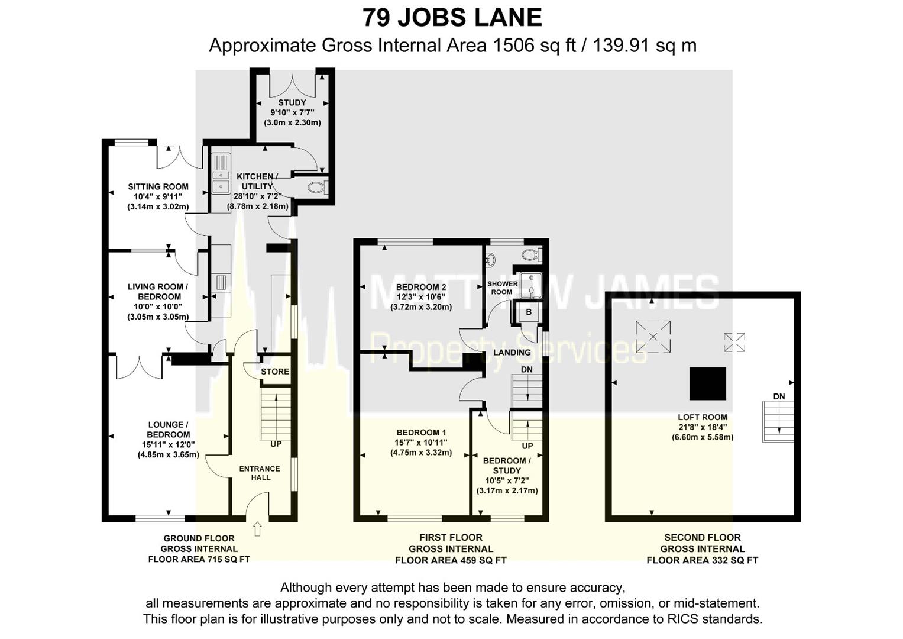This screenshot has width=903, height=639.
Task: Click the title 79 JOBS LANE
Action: (x=452, y=18)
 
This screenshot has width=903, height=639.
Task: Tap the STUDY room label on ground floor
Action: (x=292, y=102)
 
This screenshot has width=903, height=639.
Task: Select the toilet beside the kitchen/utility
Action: (x=316, y=188)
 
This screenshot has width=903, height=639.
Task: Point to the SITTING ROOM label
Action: (x=158, y=187)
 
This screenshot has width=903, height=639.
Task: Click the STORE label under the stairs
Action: (x=275, y=372)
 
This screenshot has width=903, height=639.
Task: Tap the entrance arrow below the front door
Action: (x=257, y=528)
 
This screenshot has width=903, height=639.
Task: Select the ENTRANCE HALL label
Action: (x=260, y=473)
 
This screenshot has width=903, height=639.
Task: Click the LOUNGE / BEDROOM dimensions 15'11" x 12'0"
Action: (x=168, y=444)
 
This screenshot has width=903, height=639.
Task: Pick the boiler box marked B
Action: (x=529, y=312)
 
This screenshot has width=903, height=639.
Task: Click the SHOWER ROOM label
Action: (x=502, y=288)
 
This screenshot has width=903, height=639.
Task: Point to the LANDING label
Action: (x=512, y=352)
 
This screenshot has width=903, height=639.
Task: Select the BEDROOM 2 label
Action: (x=421, y=287)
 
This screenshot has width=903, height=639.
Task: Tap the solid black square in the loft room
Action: (x=707, y=383)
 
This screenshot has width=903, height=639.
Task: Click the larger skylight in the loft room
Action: (x=653, y=336)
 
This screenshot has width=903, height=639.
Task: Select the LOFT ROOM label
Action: (x=703, y=417)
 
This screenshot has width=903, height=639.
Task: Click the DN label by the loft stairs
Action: (x=779, y=396)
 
